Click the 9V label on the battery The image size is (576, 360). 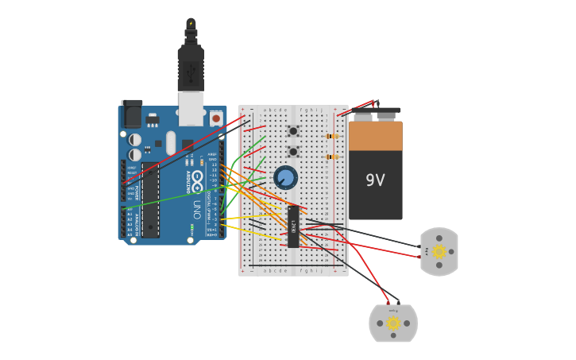click(375, 180)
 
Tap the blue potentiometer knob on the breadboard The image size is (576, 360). click(285, 177)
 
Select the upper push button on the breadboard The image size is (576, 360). click(293, 131)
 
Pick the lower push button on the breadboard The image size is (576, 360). click(293, 151)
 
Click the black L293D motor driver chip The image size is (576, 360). click(293, 226)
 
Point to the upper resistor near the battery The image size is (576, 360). click(332, 136)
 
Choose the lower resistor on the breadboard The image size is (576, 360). click(332, 157)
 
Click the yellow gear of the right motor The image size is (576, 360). click(439, 251)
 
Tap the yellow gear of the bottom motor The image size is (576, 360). click(393, 323)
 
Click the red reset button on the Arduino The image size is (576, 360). click(216, 118)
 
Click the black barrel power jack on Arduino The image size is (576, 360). click(132, 114)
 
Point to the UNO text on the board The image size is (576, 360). click(196, 209)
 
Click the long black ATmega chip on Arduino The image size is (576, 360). click(150, 200)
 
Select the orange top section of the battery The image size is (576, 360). click(375, 136)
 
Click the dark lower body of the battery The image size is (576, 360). click(375, 199)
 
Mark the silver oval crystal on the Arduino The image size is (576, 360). click(171, 143)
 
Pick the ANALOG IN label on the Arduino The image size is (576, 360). click(137, 224)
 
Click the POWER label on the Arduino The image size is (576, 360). click(137, 192)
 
